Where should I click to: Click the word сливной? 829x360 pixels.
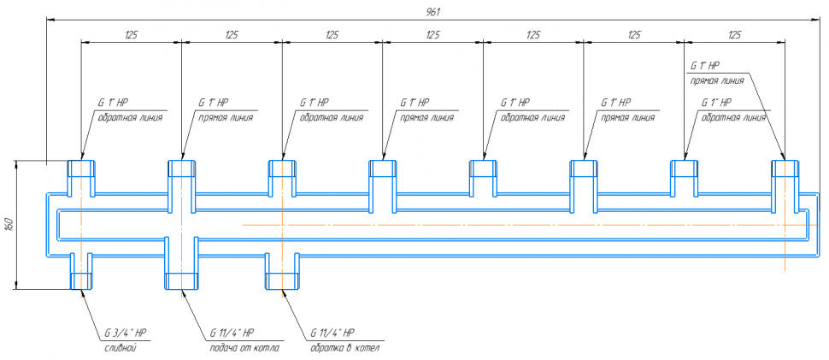(x=122, y=348)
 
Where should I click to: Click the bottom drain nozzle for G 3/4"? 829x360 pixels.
(x=81, y=272)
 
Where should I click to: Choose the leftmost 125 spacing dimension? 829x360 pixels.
(x=131, y=34)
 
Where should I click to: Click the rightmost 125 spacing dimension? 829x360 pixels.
(x=734, y=34)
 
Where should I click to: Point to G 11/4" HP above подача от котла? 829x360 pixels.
(x=232, y=333)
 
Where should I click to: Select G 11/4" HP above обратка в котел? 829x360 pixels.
(x=332, y=333)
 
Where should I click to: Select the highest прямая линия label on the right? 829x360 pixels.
(x=716, y=80)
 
